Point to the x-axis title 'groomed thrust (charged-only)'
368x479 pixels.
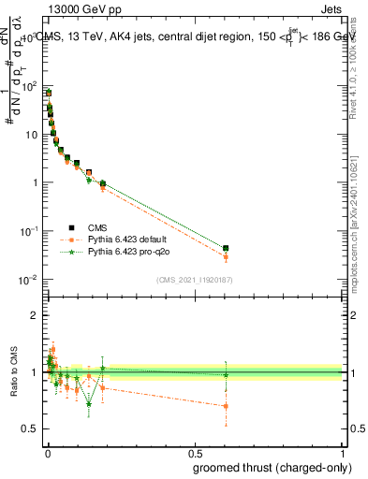(272, 467)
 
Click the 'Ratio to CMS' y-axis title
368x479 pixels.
(12, 371)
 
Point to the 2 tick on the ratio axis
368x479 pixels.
(36, 315)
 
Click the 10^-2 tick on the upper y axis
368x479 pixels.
(29, 280)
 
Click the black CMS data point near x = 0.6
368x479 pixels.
(226, 248)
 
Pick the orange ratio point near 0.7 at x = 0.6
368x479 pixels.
(226, 406)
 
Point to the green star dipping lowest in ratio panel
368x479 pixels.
(89, 404)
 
